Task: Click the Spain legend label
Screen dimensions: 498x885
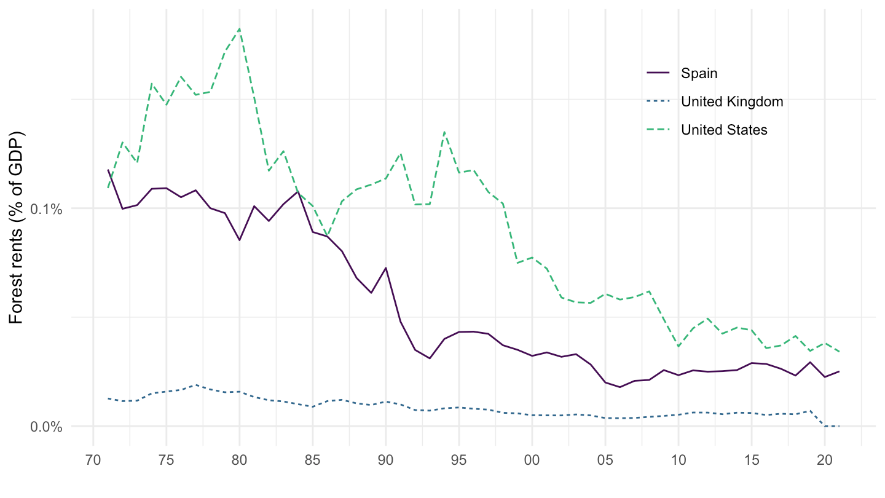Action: pos(699,73)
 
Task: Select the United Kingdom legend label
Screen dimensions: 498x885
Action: pos(732,101)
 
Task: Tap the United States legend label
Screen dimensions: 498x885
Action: pos(724,130)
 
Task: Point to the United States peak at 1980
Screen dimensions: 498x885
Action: pos(240,28)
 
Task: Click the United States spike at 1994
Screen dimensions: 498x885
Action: pos(444,131)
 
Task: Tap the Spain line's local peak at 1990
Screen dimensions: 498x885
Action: pos(386,267)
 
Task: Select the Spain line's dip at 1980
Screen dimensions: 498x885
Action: pos(240,240)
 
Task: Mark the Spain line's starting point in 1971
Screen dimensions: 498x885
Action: pos(108,170)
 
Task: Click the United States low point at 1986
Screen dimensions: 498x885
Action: pos(328,235)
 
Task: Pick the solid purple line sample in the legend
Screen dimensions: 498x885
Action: pos(658,73)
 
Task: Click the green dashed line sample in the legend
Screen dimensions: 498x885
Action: pos(658,130)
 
